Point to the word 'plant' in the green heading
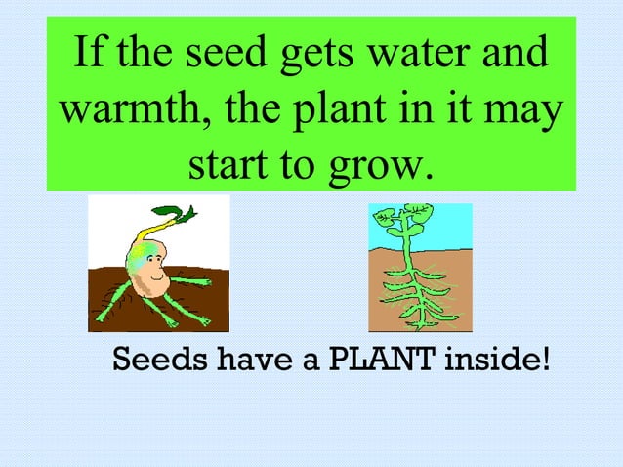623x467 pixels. pyautogui.click(x=323, y=113)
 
